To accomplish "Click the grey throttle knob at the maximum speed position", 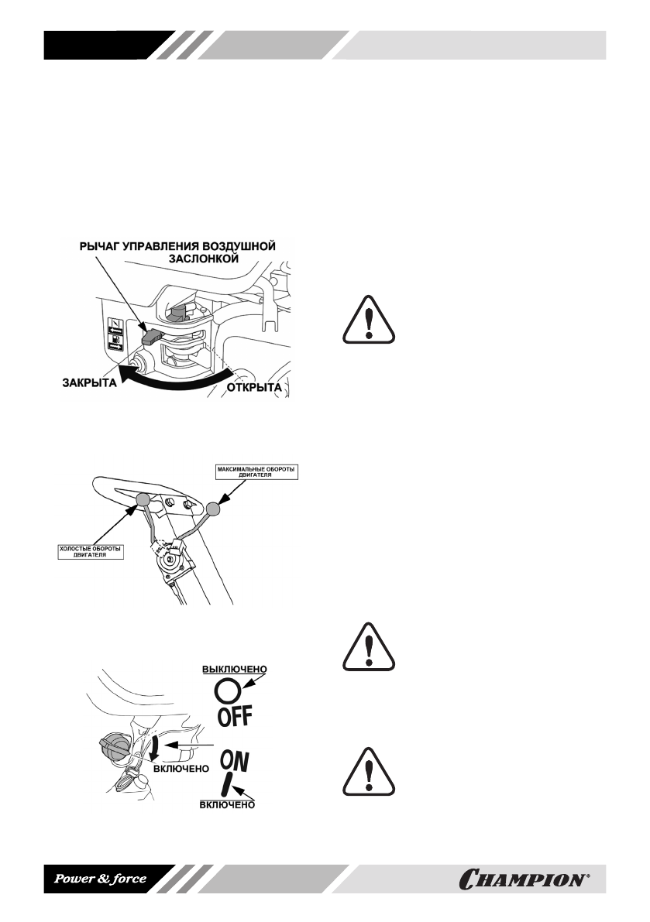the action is pos(214,509).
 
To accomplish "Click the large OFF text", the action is pos(229,716).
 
